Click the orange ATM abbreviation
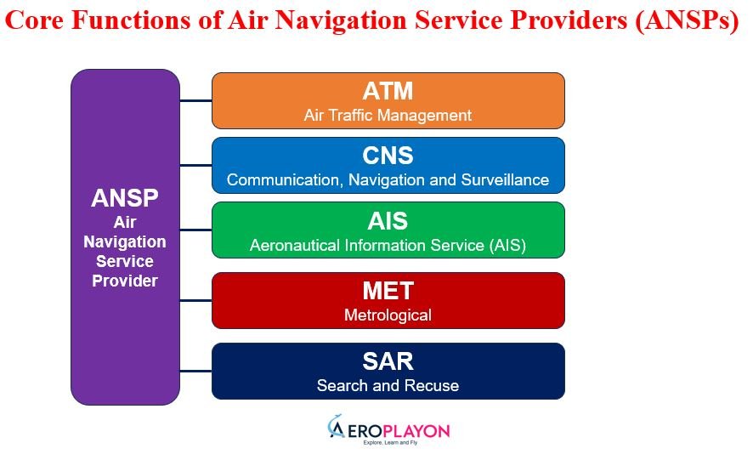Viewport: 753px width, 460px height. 388,91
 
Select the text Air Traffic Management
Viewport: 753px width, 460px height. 388,115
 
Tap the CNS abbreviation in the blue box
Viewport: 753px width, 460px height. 388,156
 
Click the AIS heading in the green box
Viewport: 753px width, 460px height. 388,221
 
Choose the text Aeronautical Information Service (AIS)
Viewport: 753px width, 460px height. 388,246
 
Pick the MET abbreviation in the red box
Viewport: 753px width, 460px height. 388,291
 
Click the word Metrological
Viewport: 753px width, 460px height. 388,315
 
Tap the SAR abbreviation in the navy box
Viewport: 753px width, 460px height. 388,361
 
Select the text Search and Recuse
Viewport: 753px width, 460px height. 388,386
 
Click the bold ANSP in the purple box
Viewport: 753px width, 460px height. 125,199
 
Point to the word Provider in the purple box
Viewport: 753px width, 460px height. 125,281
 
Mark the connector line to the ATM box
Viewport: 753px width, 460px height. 195,101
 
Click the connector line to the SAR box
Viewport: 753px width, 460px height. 195,371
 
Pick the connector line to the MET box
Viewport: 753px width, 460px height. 195,300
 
